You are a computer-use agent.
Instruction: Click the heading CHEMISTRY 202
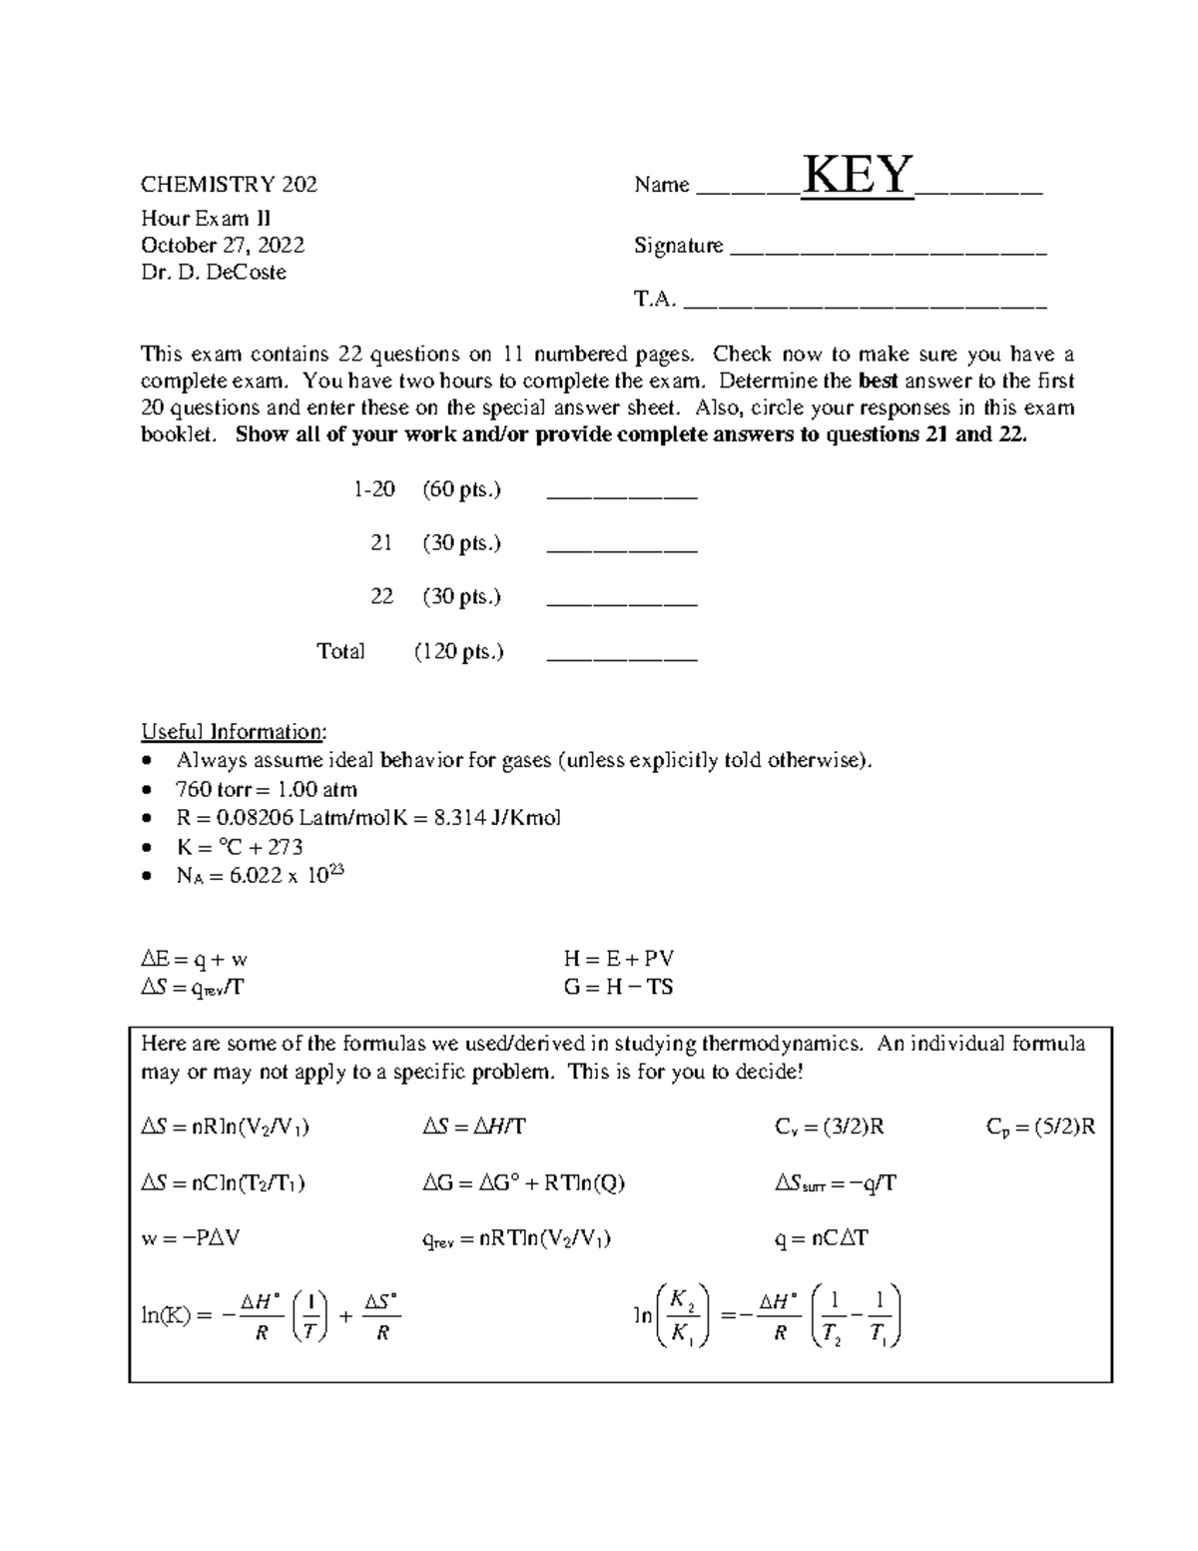pyautogui.click(x=229, y=185)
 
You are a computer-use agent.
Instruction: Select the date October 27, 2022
pyautogui.click(x=223, y=246)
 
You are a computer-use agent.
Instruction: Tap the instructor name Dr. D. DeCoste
pyautogui.click(x=214, y=273)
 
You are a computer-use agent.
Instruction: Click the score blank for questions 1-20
pyautogui.click(x=622, y=494)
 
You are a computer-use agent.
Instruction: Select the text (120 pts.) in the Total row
pyautogui.click(x=458, y=652)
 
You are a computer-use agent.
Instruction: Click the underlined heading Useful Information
pyautogui.click(x=233, y=732)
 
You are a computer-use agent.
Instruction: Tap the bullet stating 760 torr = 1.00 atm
pyautogui.click(x=267, y=789)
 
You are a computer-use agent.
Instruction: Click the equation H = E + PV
pyautogui.click(x=618, y=960)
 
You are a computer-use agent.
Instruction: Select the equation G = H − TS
pyautogui.click(x=618, y=988)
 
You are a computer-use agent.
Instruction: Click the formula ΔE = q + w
pyautogui.click(x=194, y=960)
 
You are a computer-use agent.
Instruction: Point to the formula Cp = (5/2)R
pyautogui.click(x=1040, y=1128)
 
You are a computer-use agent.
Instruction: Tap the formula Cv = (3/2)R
pyautogui.click(x=829, y=1128)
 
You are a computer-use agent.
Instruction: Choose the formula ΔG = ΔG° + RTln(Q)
pyautogui.click(x=523, y=1183)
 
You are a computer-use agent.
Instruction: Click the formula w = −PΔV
pyautogui.click(x=191, y=1238)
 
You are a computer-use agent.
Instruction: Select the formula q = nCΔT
pyautogui.click(x=821, y=1238)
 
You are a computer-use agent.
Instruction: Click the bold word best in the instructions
pyautogui.click(x=879, y=382)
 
